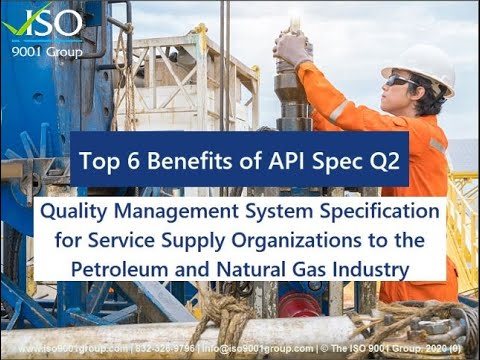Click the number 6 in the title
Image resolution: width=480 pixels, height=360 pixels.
point(130,158)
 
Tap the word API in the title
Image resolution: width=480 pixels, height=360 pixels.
point(281,158)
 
